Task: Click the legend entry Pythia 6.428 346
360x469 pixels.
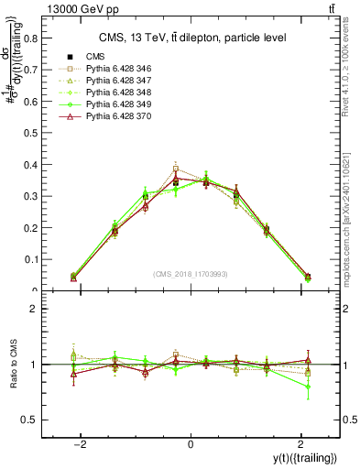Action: pos(108,69)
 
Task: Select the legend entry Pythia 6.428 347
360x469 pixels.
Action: pos(108,81)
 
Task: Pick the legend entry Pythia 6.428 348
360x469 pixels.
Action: pos(108,93)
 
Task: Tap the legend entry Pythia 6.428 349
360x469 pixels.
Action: pos(108,104)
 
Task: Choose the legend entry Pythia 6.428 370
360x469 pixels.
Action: pos(108,116)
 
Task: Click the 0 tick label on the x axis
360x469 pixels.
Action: pos(191,444)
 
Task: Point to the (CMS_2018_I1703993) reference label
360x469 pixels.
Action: pos(191,274)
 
